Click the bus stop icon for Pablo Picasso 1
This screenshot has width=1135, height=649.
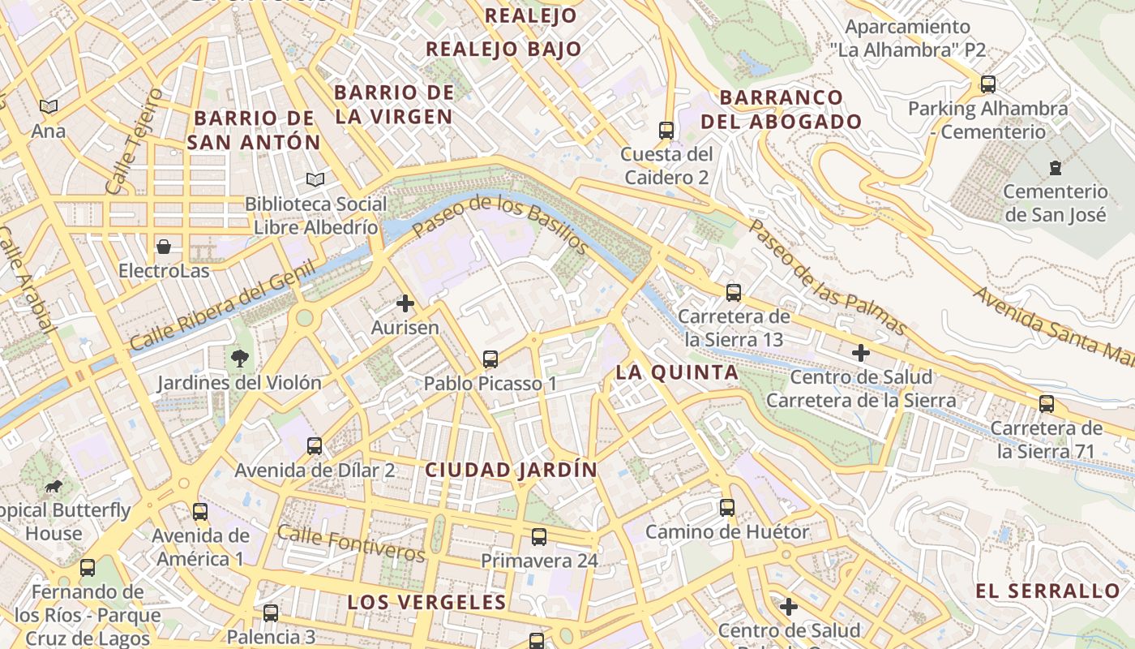490,359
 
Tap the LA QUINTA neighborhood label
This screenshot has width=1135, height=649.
677,372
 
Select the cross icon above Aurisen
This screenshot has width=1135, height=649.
405,304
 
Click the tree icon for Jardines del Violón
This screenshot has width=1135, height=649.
239,358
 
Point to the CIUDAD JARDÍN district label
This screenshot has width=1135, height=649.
511,470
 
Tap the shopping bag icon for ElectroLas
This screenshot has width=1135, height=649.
164,247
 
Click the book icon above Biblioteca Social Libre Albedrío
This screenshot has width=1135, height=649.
315,179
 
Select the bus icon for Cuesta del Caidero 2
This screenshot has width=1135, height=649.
666,130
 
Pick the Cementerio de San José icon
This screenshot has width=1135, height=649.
1055,168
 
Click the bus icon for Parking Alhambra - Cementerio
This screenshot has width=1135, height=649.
987,84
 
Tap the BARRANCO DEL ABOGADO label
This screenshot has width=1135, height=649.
781,110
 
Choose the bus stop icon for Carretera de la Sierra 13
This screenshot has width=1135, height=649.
734,292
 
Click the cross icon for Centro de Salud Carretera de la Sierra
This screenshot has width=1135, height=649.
861,353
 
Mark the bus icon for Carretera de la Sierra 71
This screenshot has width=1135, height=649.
1047,403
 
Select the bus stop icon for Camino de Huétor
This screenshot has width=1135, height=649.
727,508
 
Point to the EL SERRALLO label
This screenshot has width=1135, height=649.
1047,591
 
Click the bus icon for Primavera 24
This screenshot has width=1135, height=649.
539,536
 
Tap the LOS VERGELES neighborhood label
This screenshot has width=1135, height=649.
426,602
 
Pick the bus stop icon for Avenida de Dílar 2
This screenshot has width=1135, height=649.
315,445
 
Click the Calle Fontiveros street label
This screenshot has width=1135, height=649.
351,543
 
